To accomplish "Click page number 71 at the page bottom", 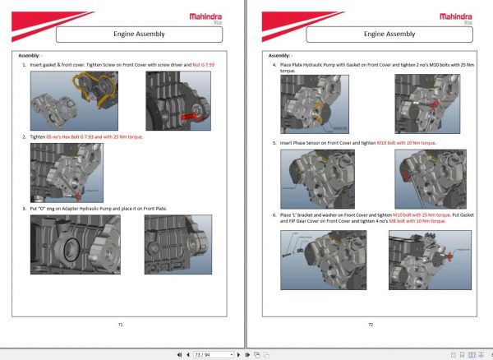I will click(120, 325).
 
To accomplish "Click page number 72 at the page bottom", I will click(371, 325).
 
